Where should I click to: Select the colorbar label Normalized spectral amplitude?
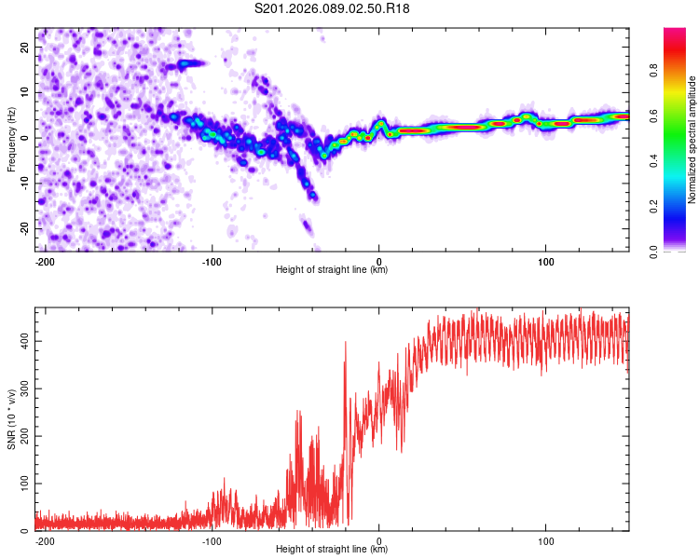tap(692, 140)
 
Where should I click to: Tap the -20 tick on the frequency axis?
tap(25, 228)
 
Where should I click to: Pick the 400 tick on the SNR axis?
tap(22, 342)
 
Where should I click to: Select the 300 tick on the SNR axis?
tap(22, 389)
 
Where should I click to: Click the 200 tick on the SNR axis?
tap(22, 437)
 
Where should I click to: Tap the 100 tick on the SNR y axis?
tap(22, 484)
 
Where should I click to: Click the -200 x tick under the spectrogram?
tap(43, 261)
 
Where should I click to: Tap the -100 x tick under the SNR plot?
tap(211, 540)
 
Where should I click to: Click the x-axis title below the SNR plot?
tap(332, 550)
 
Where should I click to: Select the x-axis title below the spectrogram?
tap(332, 270)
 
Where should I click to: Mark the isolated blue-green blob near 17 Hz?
tap(190, 63)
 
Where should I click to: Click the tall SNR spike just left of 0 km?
tap(346, 345)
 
